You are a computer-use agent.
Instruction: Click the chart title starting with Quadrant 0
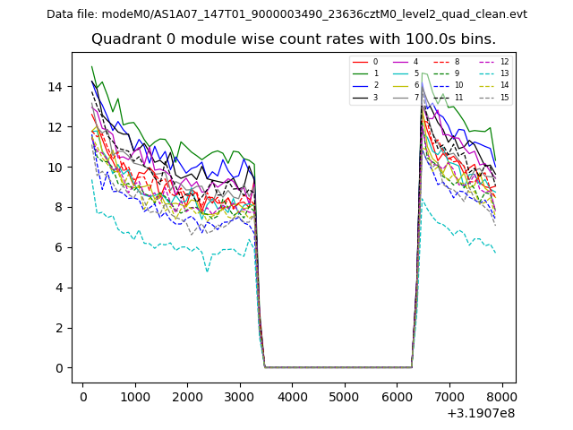[x=293, y=39]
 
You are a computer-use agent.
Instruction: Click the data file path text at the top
[x=286, y=14]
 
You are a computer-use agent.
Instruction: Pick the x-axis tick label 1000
[x=135, y=396]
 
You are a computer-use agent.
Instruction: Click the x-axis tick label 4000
[x=292, y=396]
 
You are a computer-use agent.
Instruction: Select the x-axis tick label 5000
[x=345, y=396]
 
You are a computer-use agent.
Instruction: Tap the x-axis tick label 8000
[x=501, y=396]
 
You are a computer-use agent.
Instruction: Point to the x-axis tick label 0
[x=83, y=396]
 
